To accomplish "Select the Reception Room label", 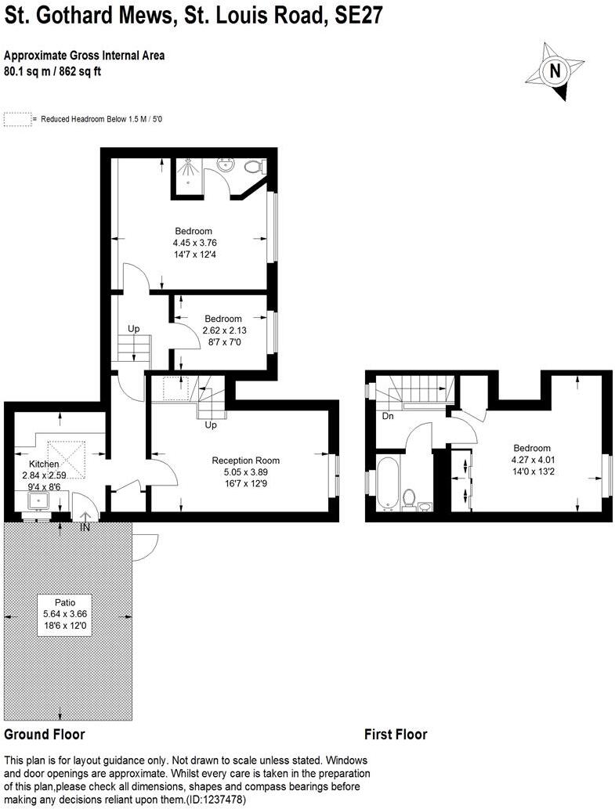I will (245, 460).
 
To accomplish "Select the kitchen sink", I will (38, 501).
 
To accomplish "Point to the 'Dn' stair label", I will (388, 417).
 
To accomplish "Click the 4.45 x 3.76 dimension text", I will (193, 243).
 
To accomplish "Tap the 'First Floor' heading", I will (396, 735).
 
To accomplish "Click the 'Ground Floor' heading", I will (45, 735).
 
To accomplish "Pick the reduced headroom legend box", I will (18, 120).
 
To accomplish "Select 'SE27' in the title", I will (356, 16).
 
